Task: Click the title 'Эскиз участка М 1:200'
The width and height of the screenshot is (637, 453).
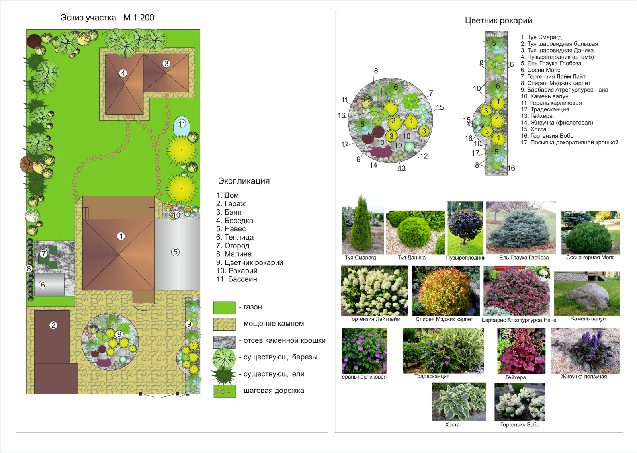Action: (107, 18)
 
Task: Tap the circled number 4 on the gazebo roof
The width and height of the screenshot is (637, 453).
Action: (123, 73)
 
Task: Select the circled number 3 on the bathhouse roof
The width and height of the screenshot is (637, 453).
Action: (166, 63)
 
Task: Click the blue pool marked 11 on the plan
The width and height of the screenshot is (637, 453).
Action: (182, 125)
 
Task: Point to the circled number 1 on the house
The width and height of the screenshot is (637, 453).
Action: (121, 236)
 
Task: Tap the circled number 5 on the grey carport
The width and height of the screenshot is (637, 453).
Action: (175, 252)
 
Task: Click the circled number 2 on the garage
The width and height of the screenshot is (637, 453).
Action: (53, 325)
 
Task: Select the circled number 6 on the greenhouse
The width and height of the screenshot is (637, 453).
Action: (43, 285)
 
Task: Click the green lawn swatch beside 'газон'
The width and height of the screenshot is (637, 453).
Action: (224, 308)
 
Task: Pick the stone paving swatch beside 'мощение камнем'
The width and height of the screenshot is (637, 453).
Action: (224, 324)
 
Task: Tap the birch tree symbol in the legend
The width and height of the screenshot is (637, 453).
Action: (224, 357)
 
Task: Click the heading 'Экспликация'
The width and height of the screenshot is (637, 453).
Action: (244, 181)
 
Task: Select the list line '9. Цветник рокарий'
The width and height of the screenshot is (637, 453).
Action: (250, 263)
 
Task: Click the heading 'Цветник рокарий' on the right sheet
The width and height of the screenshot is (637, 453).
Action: (498, 21)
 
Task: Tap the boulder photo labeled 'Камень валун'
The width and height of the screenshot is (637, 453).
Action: (587, 294)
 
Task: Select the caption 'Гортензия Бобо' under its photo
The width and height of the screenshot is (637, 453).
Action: (520, 425)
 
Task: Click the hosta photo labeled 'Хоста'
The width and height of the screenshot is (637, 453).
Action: (459, 401)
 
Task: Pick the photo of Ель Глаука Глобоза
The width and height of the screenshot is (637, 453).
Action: (520, 228)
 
